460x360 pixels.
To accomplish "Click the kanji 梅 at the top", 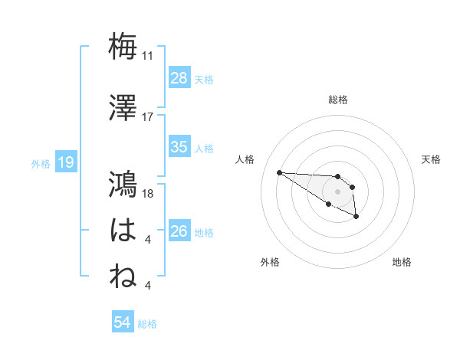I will click(x=123, y=47).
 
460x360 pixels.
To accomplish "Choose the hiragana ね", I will click(x=123, y=277).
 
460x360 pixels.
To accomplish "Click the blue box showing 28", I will click(x=179, y=78).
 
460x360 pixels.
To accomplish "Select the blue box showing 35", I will click(x=179, y=147).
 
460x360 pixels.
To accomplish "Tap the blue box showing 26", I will click(x=179, y=231).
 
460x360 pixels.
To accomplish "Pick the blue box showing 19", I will click(x=65, y=162).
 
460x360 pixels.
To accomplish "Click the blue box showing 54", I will click(x=122, y=323).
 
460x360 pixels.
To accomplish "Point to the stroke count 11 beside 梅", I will click(x=148, y=56).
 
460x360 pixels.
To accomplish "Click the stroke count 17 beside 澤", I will click(x=148, y=117).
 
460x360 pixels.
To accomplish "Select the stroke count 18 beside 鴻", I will click(x=149, y=194).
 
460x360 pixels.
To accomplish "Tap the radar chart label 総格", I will click(x=338, y=100).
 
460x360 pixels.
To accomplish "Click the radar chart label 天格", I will click(x=431, y=159).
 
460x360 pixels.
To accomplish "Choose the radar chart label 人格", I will click(x=245, y=159).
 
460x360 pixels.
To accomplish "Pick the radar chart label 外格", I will click(x=270, y=262).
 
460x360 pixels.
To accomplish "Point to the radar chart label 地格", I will click(x=402, y=262).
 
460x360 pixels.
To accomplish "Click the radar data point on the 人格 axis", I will click(x=279, y=172).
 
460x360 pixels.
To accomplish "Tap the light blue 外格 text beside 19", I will click(x=41, y=163).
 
